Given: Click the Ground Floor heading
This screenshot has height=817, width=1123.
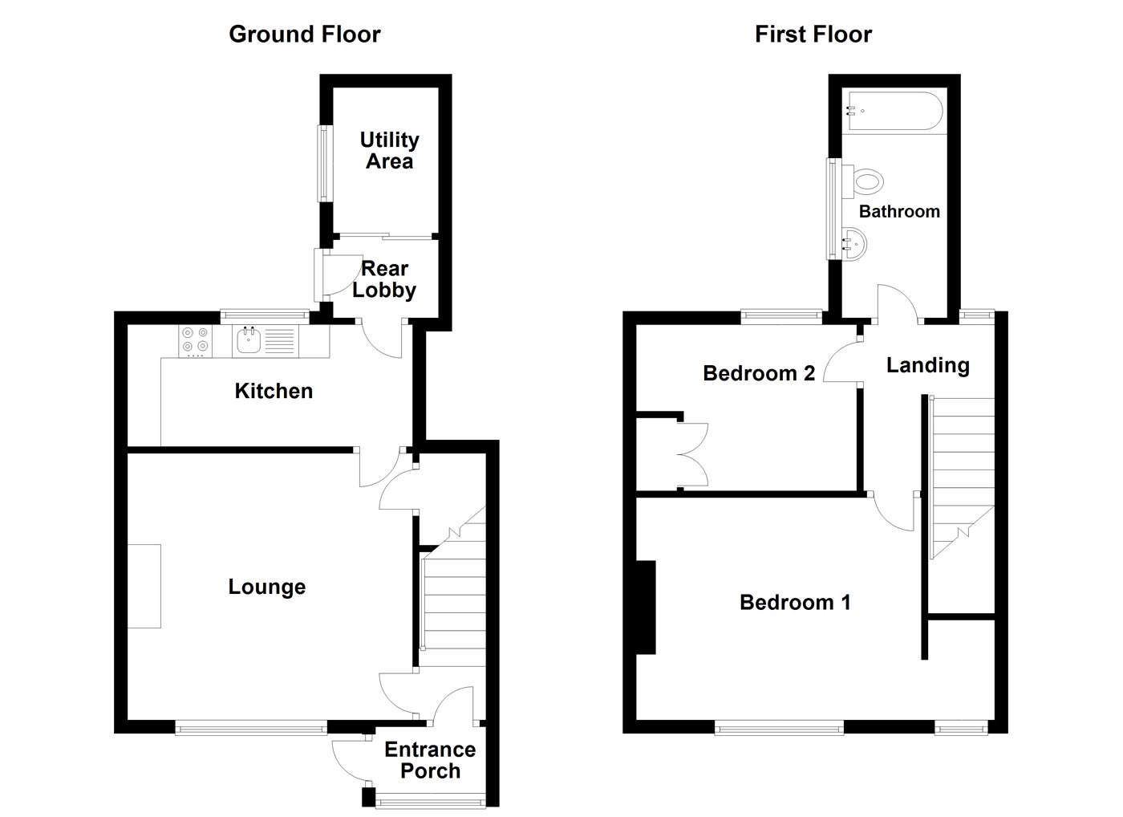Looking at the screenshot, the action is point(305,35).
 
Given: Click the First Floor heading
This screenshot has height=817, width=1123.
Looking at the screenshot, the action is point(813,35).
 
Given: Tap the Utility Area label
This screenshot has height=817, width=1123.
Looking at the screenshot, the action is point(390,150).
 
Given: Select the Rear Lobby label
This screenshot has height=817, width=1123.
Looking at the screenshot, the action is point(384,280).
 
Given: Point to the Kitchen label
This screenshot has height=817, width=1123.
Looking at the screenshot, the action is point(274,391).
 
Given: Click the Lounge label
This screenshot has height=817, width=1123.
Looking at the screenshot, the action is point(266,587).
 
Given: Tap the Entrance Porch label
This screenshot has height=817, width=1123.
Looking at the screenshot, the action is point(430,760).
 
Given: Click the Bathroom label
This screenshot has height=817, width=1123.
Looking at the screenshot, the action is point(899,212).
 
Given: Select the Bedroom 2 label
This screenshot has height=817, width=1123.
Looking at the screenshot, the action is point(759,373).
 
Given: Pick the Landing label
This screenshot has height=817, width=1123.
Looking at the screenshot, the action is point(928,366).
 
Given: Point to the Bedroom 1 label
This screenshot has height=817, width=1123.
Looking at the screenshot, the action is point(795,603).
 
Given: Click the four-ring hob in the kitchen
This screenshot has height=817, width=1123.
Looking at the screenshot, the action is point(195,341).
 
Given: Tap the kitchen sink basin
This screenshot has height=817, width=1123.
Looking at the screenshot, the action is point(249,340).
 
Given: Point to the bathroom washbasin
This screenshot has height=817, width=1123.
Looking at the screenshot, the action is point(854,244).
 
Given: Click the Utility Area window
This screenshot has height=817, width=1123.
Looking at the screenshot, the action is point(325,163).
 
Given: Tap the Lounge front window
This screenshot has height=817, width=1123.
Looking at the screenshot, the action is point(251,728).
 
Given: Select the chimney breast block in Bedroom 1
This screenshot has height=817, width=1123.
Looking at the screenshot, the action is point(646,608).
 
